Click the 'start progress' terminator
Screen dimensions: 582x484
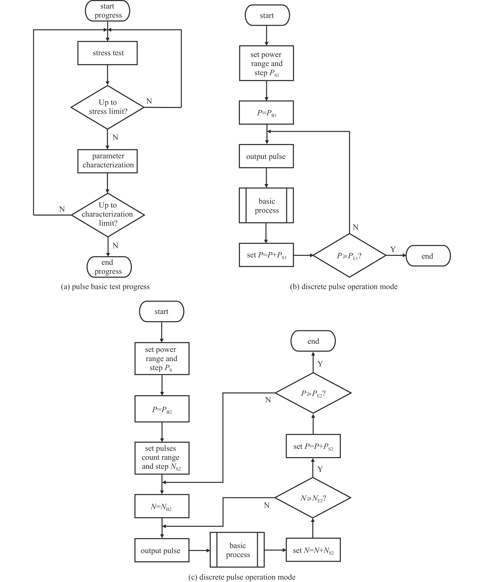(x=107, y=11)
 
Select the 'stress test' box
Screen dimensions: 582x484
(x=107, y=53)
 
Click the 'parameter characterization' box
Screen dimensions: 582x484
(x=107, y=161)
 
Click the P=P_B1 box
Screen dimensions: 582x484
(x=266, y=113)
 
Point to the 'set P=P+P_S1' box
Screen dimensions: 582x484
(x=266, y=255)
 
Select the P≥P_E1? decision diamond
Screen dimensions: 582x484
(x=349, y=255)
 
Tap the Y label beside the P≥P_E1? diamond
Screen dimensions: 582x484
(x=393, y=249)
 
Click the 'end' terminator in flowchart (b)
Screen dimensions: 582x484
(x=428, y=256)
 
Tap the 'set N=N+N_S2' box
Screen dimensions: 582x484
(x=313, y=550)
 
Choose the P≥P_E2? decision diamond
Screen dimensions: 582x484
(x=313, y=393)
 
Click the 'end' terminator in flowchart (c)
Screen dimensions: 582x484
(x=313, y=341)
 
